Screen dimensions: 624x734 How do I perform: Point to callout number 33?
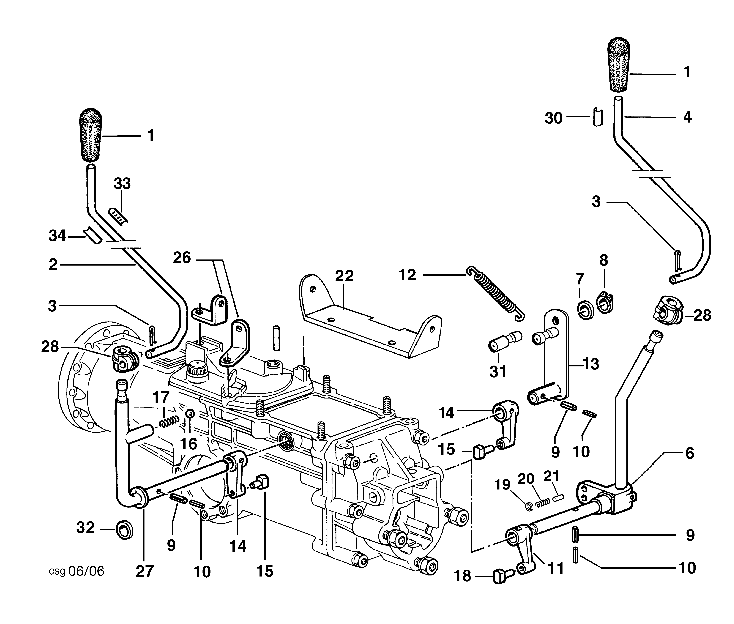coord(122,184)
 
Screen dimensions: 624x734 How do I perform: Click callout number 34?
coord(57,236)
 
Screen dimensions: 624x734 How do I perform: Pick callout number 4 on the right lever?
coord(687,117)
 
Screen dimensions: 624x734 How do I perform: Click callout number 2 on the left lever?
coord(53,264)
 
